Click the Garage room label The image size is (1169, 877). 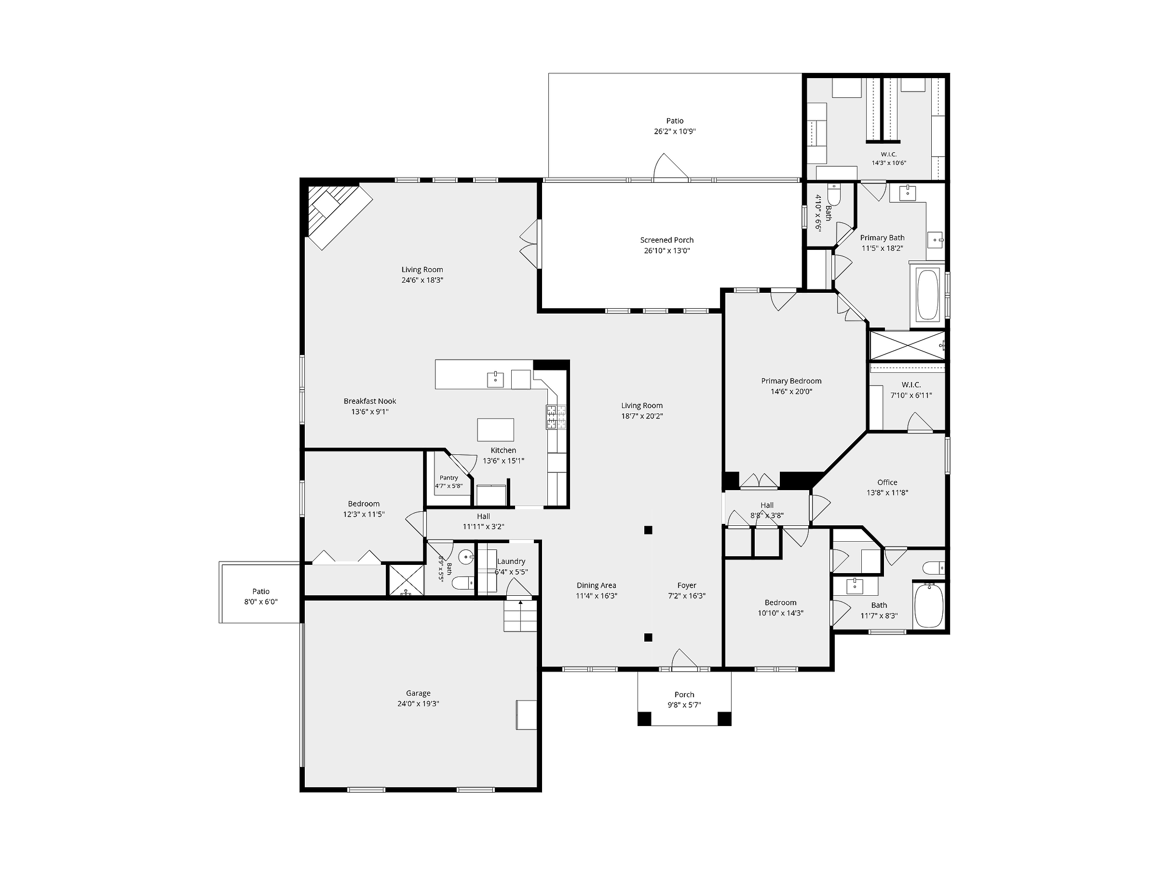click(418, 693)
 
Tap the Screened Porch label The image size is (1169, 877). click(667, 240)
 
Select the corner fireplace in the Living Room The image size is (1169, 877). click(339, 215)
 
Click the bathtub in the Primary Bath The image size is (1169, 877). click(928, 295)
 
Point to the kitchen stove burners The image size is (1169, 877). click(556, 417)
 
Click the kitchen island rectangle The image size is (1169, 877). click(496, 429)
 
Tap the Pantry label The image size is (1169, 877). click(449, 478)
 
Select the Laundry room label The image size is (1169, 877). click(511, 562)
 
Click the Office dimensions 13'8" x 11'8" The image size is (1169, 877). click(887, 493)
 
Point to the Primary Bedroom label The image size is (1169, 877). click(791, 381)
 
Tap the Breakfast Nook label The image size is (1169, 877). click(370, 401)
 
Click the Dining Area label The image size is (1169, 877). click(596, 585)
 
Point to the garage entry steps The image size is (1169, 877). click(520, 616)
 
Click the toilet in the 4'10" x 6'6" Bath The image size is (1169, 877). click(834, 194)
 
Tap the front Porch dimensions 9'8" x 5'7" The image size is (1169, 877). click(684, 705)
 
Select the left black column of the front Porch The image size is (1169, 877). click(645, 719)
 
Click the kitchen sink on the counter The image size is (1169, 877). click(495, 380)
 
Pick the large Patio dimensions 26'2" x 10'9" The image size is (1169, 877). click(675, 132)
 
